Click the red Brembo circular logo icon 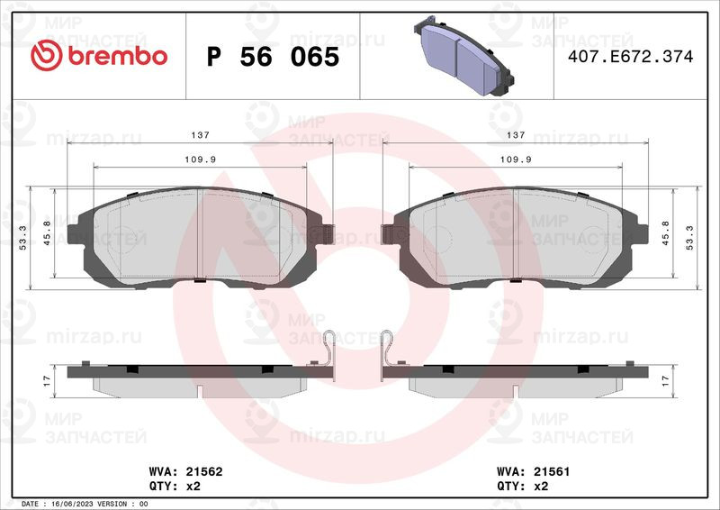(47, 56)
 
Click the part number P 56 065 (273, 57)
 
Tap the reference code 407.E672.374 (631, 57)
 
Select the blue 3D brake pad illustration (463, 56)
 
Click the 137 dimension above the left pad (200, 135)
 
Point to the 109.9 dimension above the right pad (516, 159)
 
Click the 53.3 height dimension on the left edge (23, 238)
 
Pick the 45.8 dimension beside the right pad (666, 232)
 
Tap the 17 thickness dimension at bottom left (47, 381)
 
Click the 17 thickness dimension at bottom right (666, 381)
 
